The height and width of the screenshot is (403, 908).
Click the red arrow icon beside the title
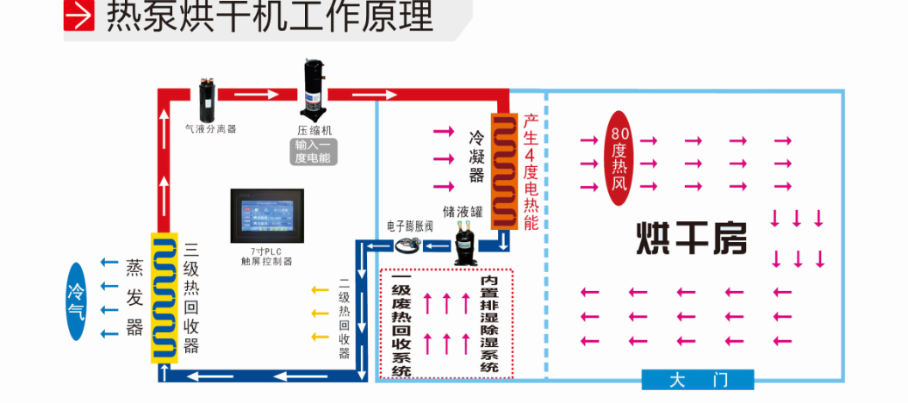(78, 15)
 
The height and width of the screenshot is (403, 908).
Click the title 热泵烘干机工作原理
(270, 15)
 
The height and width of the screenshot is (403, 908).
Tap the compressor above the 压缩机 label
(313, 89)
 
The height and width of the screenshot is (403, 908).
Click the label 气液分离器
(210, 129)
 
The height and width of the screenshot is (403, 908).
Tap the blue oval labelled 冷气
(78, 301)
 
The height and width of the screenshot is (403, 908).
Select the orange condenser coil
(505, 171)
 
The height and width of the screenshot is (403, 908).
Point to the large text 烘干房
(692, 239)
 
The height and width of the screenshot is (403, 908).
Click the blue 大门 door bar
(698, 380)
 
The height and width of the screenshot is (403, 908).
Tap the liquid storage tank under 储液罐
(466, 240)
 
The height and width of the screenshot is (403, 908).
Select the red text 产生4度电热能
(531, 172)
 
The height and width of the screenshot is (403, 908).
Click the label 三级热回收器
(191, 297)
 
